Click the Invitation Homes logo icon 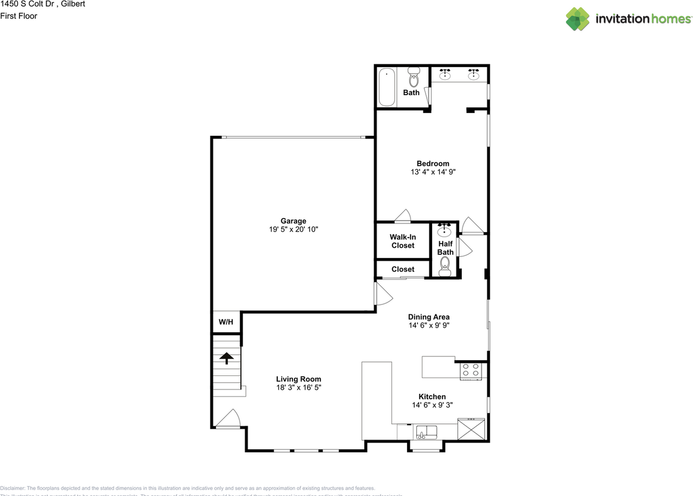point(578,19)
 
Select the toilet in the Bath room point(414,77)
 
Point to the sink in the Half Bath point(445,230)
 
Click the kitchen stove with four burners point(470,371)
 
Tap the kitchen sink point(427,432)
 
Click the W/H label point(226,322)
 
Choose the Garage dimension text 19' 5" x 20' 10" point(293,229)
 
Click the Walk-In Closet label point(402,241)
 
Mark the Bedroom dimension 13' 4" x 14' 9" point(433,172)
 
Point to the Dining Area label point(429,317)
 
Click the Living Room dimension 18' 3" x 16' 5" point(298,387)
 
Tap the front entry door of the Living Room point(228,420)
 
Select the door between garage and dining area point(383,293)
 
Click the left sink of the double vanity point(446,74)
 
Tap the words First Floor point(18,16)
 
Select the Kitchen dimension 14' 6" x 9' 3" point(432,405)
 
